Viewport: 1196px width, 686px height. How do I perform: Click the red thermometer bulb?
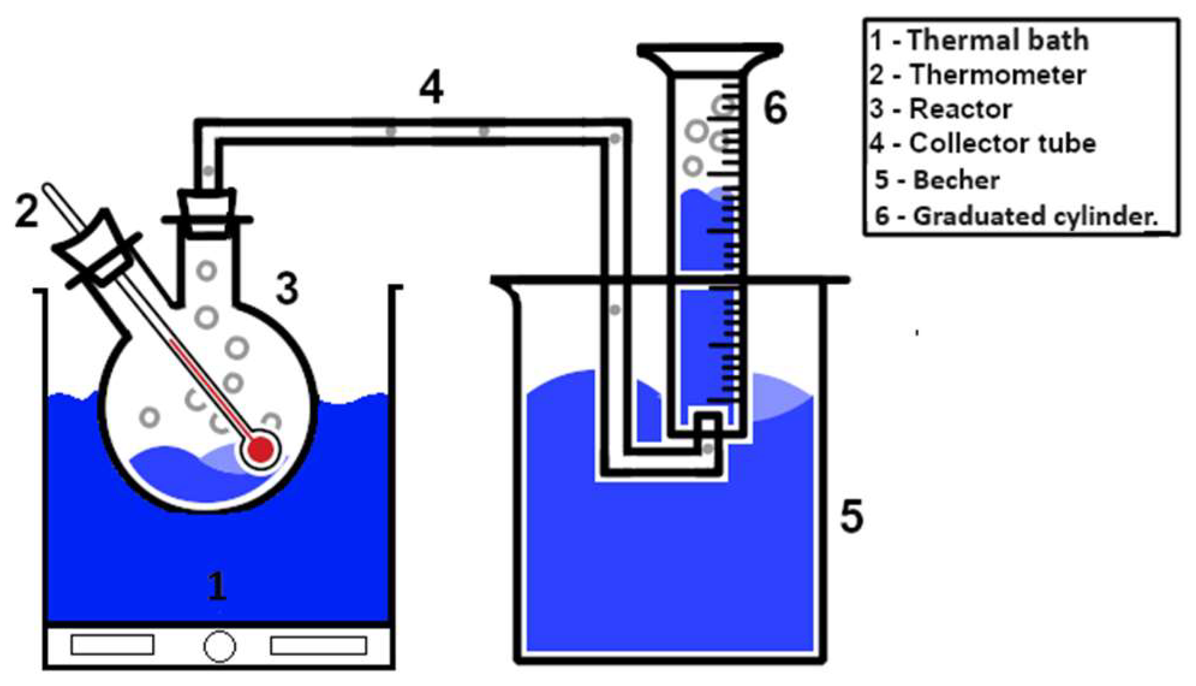(x=261, y=449)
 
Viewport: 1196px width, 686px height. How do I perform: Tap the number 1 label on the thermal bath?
(x=217, y=586)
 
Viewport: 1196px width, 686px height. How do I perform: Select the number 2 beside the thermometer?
(x=26, y=212)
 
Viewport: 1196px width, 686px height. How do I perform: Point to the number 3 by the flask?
(x=287, y=288)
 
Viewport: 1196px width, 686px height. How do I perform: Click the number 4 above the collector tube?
(x=431, y=88)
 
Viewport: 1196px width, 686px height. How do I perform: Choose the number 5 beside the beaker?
(x=851, y=516)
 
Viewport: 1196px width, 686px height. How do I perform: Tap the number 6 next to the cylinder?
(x=775, y=108)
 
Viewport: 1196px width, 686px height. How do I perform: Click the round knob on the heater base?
(x=220, y=646)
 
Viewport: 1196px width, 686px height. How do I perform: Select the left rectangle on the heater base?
(x=112, y=645)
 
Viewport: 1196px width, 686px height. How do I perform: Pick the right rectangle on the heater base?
(x=318, y=646)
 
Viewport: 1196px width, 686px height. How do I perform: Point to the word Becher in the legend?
(x=956, y=180)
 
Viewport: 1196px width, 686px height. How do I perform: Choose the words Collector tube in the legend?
(x=1002, y=144)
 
